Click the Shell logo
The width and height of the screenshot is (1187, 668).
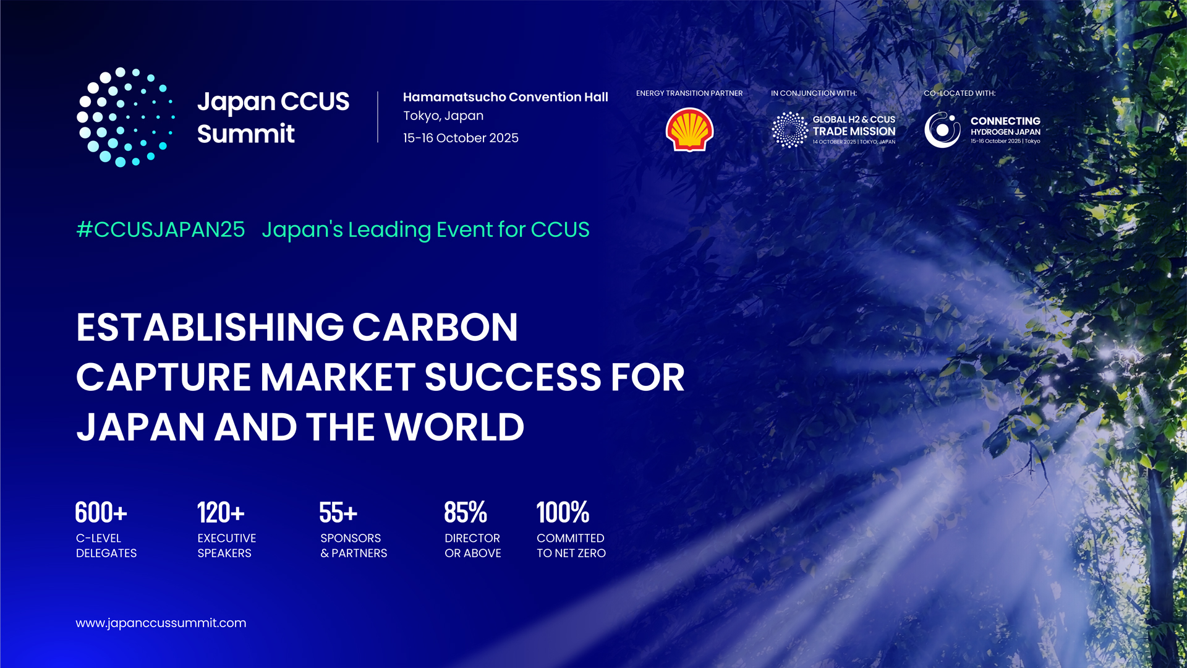pos(689,130)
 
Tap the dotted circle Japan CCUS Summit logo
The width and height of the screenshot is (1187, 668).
pos(126,118)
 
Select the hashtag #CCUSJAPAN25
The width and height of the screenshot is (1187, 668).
pos(161,229)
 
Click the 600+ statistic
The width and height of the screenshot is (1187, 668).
pos(101,513)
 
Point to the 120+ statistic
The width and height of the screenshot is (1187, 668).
pos(221,513)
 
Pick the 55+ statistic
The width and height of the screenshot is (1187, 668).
pos(338,513)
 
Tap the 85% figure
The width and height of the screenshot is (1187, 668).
pos(466,513)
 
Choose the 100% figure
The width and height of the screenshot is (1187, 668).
pos(563,513)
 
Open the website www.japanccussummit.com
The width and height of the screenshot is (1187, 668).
pos(161,623)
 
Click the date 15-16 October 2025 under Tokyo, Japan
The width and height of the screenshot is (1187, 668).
pos(461,138)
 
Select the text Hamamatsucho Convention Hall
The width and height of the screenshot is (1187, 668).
pos(505,97)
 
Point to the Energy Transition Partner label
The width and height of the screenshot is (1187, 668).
pos(689,93)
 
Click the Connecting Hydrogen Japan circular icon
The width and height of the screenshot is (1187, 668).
pos(942,130)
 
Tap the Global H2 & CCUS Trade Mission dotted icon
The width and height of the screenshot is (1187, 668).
pos(789,130)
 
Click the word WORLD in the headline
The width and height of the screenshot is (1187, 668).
pos(454,427)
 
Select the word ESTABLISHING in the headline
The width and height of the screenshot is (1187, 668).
pos(210,327)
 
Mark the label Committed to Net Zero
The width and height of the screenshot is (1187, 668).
pos(571,546)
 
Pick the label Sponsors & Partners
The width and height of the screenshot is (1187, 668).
pos(354,546)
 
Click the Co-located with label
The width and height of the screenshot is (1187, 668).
pos(959,93)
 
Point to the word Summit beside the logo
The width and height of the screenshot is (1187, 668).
pos(245,134)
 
